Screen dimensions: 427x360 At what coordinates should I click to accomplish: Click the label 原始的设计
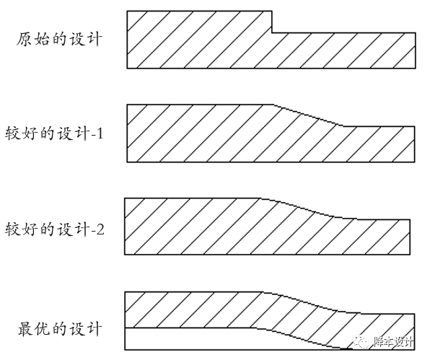[59, 39]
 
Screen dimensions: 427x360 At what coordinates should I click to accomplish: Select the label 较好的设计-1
[54, 133]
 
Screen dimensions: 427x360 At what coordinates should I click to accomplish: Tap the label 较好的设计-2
[55, 229]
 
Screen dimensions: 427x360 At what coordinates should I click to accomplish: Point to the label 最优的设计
[60, 328]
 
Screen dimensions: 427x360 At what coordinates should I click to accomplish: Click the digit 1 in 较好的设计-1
[100, 133]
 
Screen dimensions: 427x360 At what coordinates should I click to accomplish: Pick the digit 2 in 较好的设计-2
[100, 229]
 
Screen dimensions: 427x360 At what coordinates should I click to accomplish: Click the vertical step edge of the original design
[272, 22]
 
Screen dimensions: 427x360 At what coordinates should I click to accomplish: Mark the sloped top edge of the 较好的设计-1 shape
[308, 115]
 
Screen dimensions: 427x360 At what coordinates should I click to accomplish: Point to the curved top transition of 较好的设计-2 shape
[309, 208]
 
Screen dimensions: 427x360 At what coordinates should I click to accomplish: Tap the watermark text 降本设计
[393, 341]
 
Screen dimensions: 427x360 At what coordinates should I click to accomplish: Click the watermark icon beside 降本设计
[361, 341]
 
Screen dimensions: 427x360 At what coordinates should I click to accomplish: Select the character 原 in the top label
[25, 40]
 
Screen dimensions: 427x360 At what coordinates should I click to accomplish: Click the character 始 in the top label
[42, 40]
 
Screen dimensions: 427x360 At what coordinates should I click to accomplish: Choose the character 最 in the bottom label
[26, 329]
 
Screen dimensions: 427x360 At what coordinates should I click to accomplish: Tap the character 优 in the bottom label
[43, 329]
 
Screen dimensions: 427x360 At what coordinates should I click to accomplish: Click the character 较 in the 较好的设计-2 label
[12, 229]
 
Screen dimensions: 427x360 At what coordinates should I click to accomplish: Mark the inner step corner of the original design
[272, 33]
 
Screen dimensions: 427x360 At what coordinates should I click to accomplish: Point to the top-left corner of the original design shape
[127, 11]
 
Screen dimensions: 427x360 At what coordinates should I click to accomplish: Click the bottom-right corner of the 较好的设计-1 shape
[415, 162]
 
